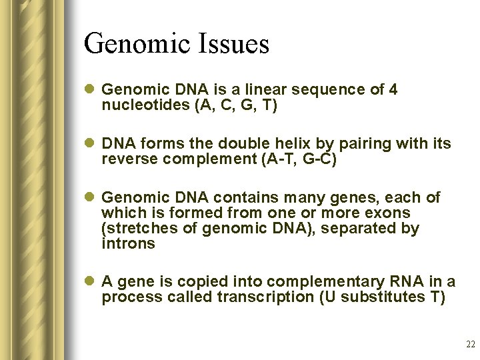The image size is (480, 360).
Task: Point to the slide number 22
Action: [471, 345]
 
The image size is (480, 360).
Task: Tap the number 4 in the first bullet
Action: [393, 89]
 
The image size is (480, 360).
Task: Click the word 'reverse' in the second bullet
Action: [127, 159]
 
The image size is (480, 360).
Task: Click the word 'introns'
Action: [128, 244]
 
